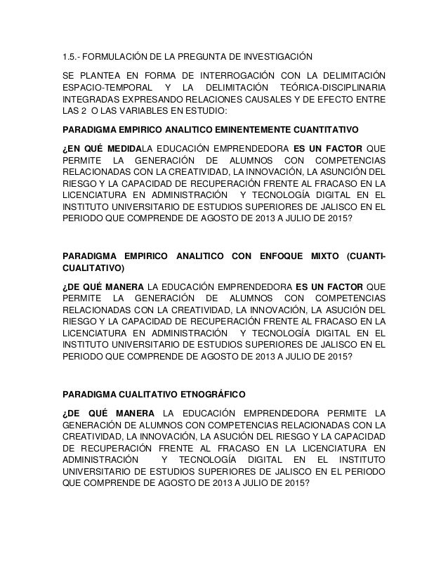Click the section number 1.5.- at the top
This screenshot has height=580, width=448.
(x=71, y=55)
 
